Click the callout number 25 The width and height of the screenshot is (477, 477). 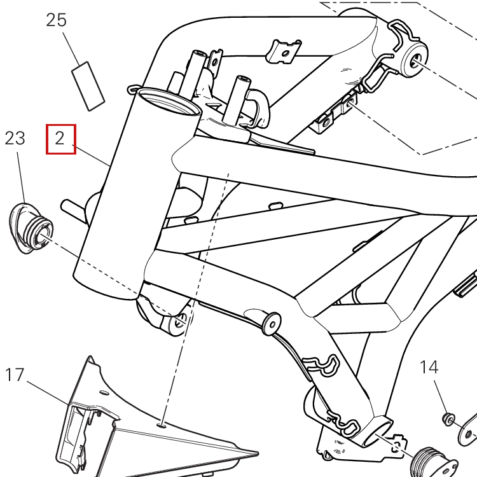click(57, 20)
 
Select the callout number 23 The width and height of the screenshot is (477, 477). click(15, 138)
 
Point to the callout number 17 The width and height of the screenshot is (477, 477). click(15, 375)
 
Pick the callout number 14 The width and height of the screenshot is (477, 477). click(429, 367)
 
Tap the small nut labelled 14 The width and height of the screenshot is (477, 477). click(448, 418)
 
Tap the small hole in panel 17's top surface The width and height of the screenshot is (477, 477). click(161, 422)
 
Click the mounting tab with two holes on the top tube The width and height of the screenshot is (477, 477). click(283, 52)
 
